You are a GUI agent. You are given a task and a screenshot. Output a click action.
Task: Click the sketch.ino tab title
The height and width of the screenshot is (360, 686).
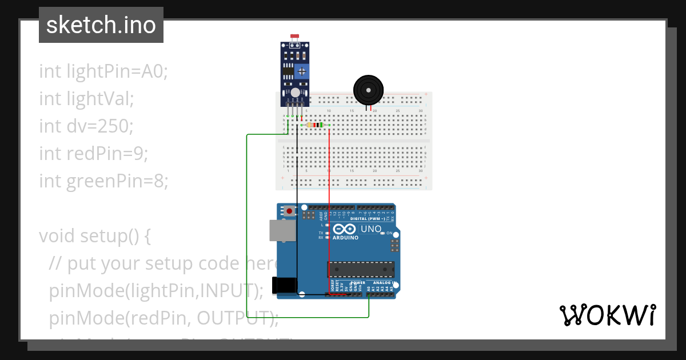coord(101,25)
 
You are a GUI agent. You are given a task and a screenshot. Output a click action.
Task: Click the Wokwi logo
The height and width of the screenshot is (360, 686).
coord(607,315)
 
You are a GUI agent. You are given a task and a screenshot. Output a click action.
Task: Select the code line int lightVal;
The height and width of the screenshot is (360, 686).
coord(86,99)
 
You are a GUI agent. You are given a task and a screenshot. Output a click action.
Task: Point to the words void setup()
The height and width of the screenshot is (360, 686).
coord(95,236)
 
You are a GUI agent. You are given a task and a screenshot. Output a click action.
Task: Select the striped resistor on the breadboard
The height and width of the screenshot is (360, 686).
coord(314,125)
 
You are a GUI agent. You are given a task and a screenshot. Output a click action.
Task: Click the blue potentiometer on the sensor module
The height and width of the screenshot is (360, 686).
coord(302,70)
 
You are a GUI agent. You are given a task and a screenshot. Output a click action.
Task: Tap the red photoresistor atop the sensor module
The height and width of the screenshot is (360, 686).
coord(295,37)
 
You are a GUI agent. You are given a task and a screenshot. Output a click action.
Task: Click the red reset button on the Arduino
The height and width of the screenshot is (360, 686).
coord(289,211)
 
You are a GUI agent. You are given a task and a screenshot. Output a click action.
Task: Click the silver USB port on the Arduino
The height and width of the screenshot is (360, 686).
coord(282,230)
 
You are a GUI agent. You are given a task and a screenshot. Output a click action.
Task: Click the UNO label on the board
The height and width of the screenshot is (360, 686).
coord(371,229)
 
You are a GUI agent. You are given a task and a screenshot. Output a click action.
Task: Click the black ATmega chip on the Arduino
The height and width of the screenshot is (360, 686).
coord(361,269)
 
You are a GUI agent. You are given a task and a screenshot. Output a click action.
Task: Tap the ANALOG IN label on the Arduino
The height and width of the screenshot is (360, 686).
coord(383,283)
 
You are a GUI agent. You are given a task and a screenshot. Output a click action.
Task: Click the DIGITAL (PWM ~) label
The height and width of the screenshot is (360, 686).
coord(368,219)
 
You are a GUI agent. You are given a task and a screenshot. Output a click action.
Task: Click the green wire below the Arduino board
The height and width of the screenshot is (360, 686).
coord(309,317)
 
